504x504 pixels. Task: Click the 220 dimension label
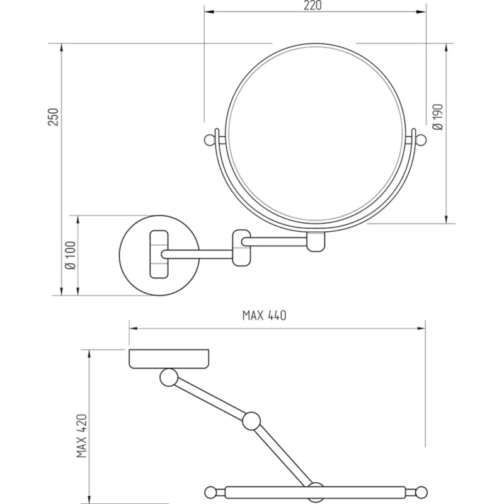[x=312, y=6]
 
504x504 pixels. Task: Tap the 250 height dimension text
[x=54, y=117]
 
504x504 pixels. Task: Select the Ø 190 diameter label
[x=438, y=117]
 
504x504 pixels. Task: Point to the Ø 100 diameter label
[x=70, y=255]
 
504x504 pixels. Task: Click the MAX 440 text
[x=264, y=316]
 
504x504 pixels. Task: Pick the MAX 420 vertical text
[x=82, y=436]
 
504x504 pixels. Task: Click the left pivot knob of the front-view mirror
[x=210, y=140]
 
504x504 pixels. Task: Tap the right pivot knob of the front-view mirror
[x=421, y=140]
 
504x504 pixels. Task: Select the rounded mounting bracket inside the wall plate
[x=159, y=254]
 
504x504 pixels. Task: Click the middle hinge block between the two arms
[x=241, y=248]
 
